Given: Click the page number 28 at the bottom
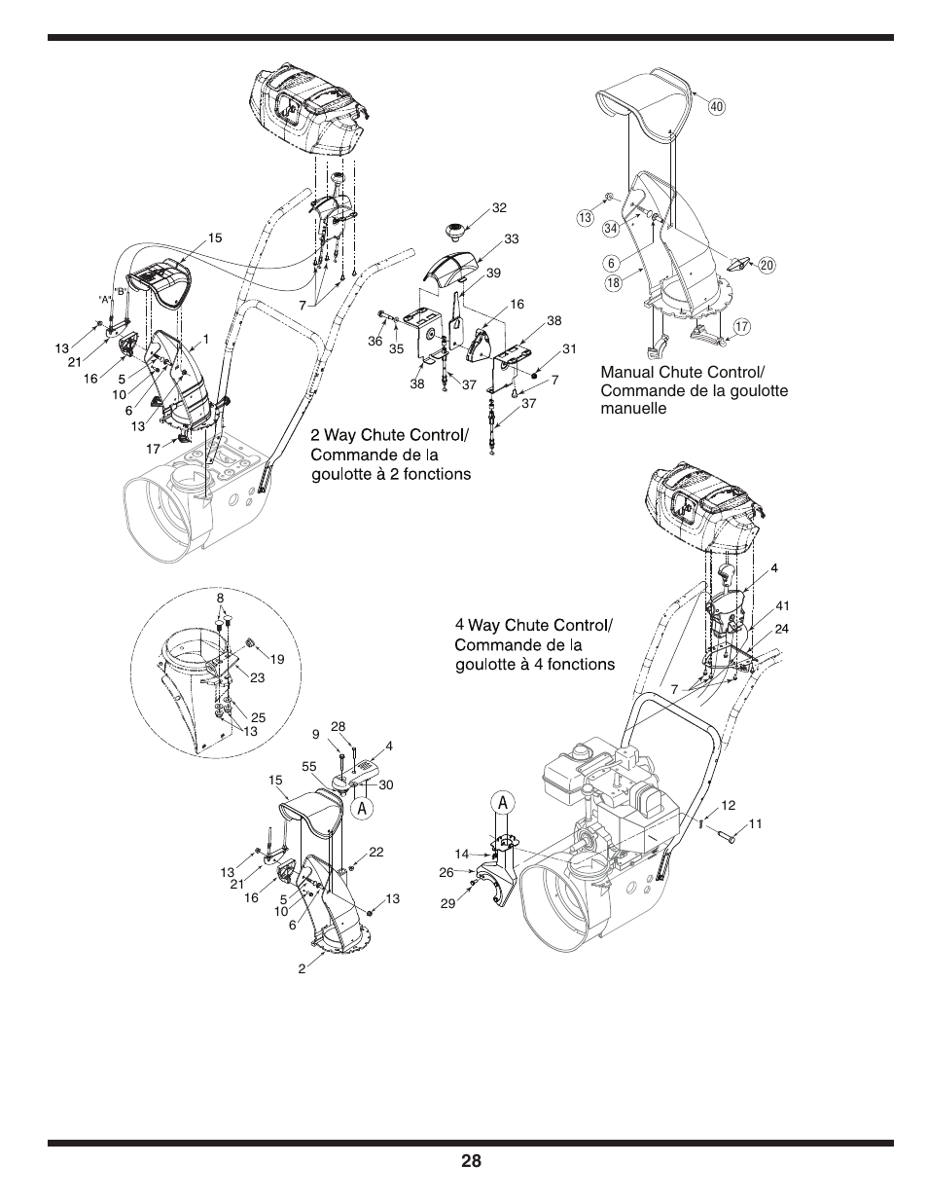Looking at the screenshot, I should click(471, 1161).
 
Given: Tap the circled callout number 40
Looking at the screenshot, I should click(717, 106).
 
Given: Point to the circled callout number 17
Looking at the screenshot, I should click(741, 327).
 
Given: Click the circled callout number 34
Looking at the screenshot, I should click(611, 230).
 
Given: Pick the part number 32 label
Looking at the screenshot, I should click(500, 207).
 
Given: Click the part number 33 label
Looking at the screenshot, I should click(511, 238).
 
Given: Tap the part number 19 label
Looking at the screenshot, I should click(277, 659).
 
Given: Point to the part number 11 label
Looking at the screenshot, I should click(755, 823).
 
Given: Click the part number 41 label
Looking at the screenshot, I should click(782, 605).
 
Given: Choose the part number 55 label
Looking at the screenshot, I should click(309, 767).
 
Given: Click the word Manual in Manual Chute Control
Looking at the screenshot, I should click(626, 374).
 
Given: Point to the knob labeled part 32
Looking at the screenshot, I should click(454, 230).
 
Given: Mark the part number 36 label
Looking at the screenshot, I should click(375, 341).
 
